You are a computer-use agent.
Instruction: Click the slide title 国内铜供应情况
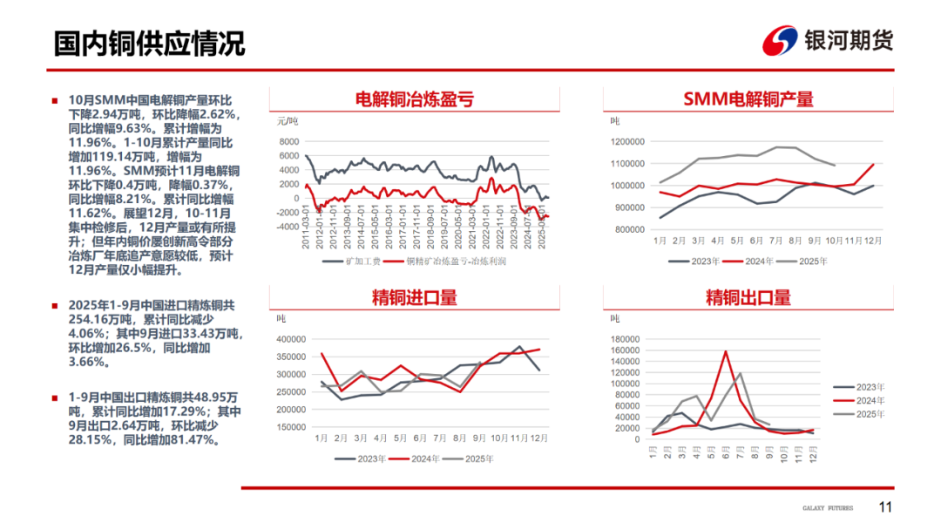click(x=149, y=43)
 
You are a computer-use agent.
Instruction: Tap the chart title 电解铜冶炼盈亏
click(x=415, y=99)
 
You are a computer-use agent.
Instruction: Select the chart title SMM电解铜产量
click(x=748, y=99)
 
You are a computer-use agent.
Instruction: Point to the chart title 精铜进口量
click(x=415, y=297)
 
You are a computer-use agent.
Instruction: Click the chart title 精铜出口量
click(x=748, y=297)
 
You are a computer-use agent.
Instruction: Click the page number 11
click(x=885, y=507)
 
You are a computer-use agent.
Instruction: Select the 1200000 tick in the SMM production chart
click(x=626, y=141)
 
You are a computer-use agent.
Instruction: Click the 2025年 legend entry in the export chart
click(x=865, y=414)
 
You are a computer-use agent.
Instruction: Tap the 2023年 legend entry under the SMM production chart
click(x=696, y=261)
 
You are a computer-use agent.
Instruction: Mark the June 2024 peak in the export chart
click(x=725, y=351)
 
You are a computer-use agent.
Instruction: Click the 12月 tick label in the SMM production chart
click(x=873, y=240)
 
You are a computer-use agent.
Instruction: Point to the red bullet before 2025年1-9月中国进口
click(x=55, y=306)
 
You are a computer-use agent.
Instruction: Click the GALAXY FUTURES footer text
click(x=828, y=508)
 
